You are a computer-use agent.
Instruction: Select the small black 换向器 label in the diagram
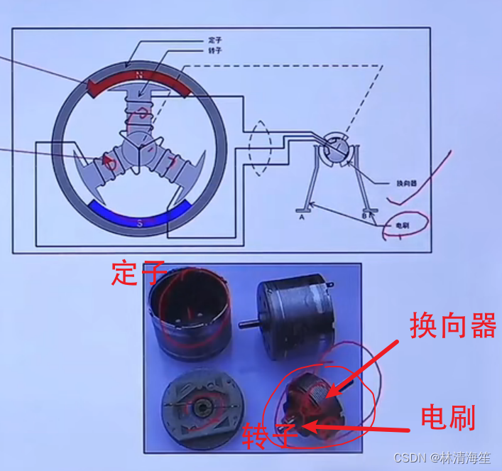coord(406,183)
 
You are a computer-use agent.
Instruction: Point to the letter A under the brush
coord(302,217)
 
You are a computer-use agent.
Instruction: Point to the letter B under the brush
coord(364,215)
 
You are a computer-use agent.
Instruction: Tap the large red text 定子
coord(138,273)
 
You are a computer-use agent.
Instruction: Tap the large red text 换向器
coord(452,326)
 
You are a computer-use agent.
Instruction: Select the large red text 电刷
coord(447,416)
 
